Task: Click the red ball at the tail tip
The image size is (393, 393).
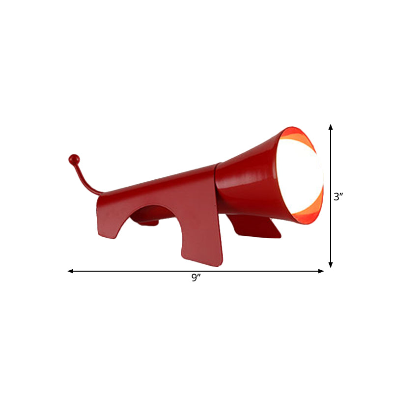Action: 74,159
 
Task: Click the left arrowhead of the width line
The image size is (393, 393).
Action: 70,271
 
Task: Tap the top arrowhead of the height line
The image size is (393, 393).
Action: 331,127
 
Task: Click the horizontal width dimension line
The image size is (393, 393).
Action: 147,271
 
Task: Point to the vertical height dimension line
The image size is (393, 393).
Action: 331,162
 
